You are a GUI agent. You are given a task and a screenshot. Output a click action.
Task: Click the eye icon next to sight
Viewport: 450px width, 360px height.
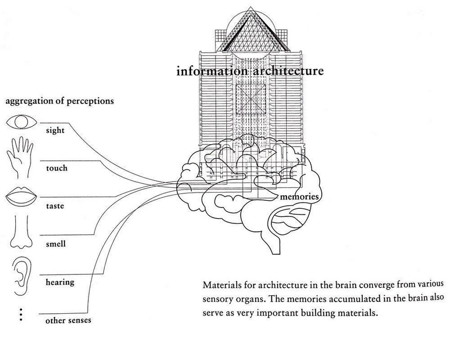pyautogui.click(x=22, y=122)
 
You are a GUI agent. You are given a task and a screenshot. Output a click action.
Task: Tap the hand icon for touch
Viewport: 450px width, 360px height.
pyautogui.click(x=20, y=158)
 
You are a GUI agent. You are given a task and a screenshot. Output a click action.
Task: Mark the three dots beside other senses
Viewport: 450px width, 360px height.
pyautogui.click(x=21, y=315)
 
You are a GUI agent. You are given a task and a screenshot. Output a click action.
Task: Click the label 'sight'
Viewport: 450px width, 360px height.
pyautogui.click(x=55, y=131)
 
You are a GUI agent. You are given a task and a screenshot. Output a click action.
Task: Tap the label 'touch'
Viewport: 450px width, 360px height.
pyautogui.click(x=56, y=168)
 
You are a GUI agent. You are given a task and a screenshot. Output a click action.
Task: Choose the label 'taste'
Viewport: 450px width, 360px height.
pyautogui.click(x=55, y=206)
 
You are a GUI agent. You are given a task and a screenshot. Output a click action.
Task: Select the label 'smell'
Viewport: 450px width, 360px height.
pyautogui.click(x=56, y=244)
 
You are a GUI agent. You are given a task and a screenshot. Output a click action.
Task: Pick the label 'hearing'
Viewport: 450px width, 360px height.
pyautogui.click(x=60, y=282)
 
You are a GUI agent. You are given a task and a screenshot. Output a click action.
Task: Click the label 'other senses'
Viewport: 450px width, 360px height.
pyautogui.click(x=68, y=320)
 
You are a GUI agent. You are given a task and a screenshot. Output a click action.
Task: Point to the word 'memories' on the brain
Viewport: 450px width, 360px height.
pyautogui.click(x=299, y=197)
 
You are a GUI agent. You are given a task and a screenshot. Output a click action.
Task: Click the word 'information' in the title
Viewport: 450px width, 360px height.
pyautogui.click(x=212, y=71)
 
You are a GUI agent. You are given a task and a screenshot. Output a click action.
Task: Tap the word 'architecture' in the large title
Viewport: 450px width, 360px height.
pyautogui.click(x=288, y=71)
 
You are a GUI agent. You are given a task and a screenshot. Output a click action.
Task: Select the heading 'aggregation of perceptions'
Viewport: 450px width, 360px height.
pyautogui.click(x=60, y=101)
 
